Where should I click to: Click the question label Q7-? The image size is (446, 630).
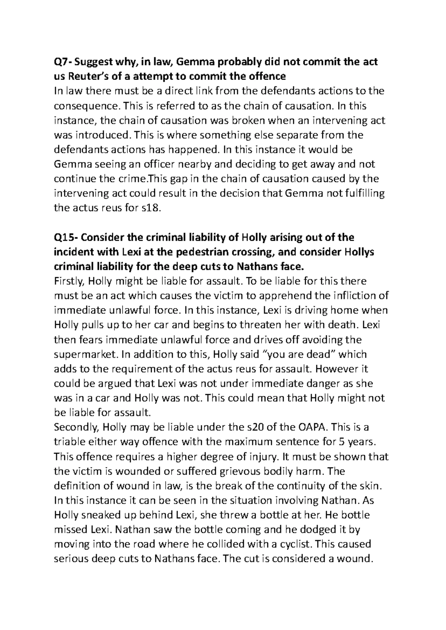coord(63,62)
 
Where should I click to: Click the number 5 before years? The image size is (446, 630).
coord(341,442)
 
